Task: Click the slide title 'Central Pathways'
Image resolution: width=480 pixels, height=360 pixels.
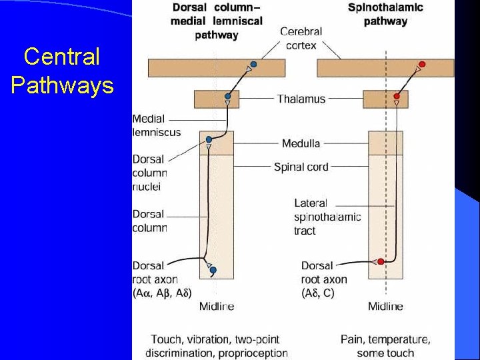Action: (x=62, y=71)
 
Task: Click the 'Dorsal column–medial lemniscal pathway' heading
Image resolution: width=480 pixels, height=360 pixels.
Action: (x=217, y=21)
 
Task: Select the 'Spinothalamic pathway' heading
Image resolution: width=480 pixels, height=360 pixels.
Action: (x=385, y=15)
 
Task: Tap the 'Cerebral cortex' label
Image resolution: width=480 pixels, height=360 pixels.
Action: (x=301, y=38)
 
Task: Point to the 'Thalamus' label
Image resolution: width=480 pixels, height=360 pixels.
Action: (x=301, y=99)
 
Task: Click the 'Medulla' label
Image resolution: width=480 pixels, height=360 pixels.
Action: (x=301, y=143)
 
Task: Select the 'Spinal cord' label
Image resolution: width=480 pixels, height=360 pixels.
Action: (x=301, y=167)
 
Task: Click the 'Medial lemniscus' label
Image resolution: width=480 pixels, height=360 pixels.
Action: (x=156, y=125)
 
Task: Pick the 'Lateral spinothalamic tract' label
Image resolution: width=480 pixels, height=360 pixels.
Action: (x=327, y=217)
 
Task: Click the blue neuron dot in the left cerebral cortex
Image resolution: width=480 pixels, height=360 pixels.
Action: (x=253, y=65)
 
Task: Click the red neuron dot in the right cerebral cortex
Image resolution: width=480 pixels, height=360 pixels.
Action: (x=422, y=65)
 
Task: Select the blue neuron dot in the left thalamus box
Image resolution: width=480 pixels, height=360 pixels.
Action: (x=228, y=96)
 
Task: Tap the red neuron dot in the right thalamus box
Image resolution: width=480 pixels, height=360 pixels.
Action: (x=397, y=96)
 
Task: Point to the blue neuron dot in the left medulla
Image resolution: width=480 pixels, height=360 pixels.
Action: (x=209, y=139)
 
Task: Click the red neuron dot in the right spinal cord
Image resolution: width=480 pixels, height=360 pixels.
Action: (x=381, y=261)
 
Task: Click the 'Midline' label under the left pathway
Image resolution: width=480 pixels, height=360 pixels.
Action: (x=217, y=307)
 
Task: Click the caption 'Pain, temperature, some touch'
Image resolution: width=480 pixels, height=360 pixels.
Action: (x=385, y=346)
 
